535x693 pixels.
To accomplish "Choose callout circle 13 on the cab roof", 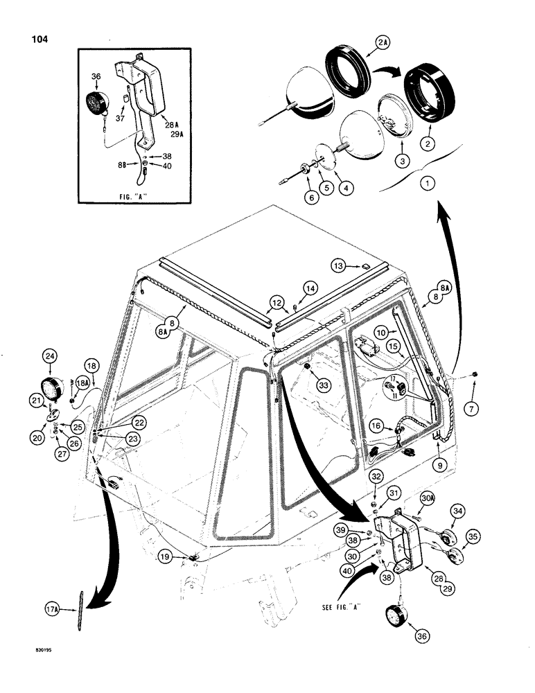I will coord(337,265).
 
